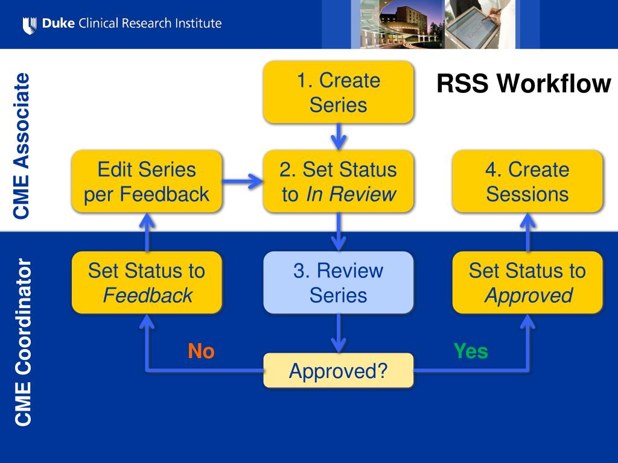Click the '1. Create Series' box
[x=338, y=92]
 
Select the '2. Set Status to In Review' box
[x=338, y=181]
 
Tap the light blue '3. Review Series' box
[x=338, y=282]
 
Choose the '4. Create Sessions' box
[x=527, y=181]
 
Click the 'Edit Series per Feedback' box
[x=147, y=181]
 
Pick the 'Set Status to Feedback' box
[x=147, y=282]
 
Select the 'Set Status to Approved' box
[x=527, y=282]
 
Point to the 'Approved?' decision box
[x=338, y=371]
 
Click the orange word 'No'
[x=201, y=351]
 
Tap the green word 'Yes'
[x=471, y=351]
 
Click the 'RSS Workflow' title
[x=523, y=83]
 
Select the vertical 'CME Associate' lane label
[x=21, y=146]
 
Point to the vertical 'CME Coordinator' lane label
[x=23, y=342]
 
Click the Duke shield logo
[x=30, y=25]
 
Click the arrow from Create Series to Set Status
[x=338, y=137]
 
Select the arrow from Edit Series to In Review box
[x=243, y=181]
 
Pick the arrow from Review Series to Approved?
[x=338, y=333]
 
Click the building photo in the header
[x=398, y=24]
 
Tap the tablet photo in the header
[x=480, y=24]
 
